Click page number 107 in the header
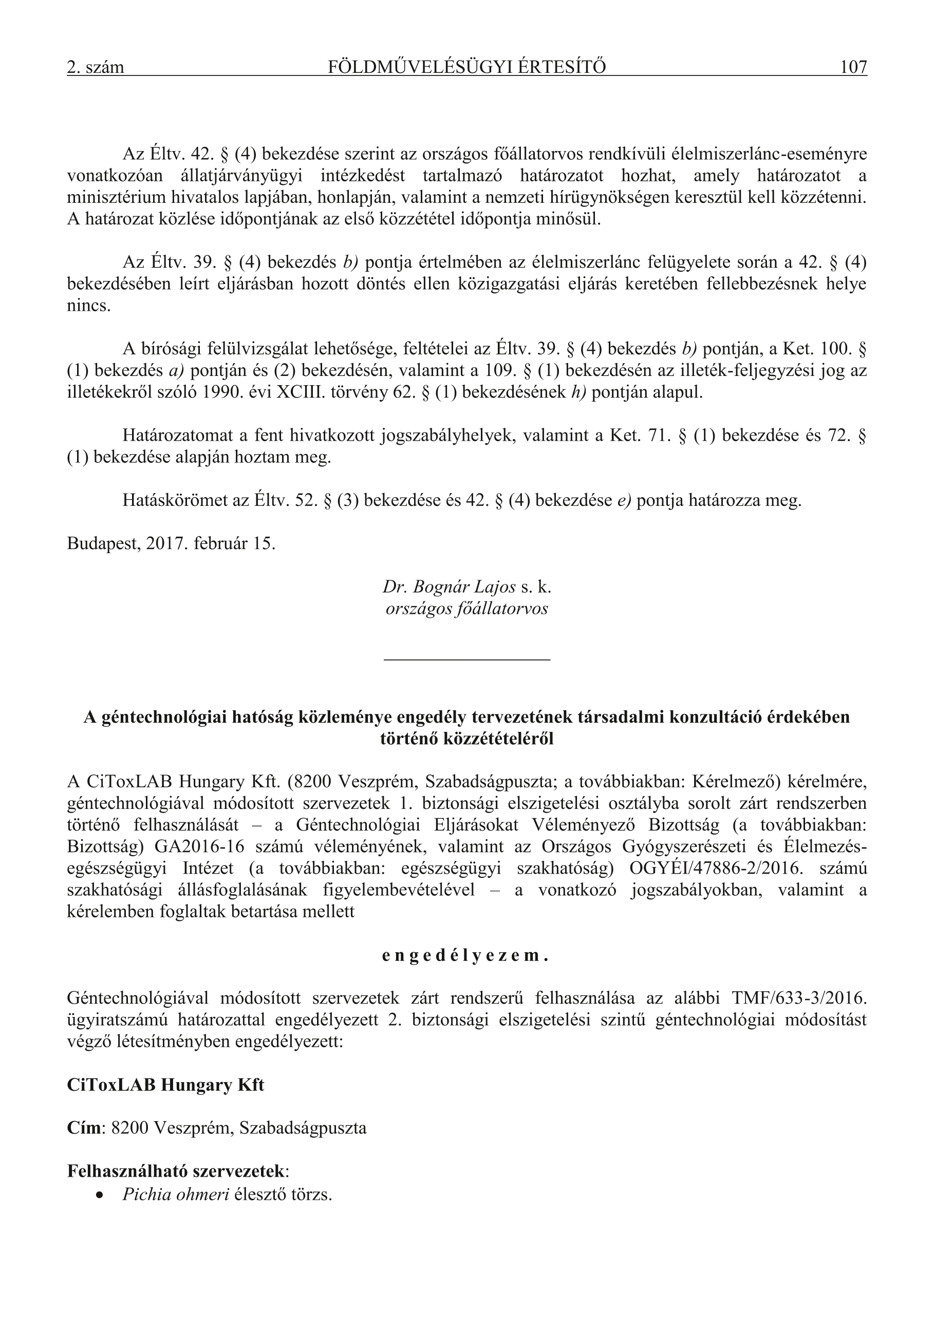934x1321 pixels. [x=853, y=67]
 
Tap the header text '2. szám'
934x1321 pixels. [x=96, y=67]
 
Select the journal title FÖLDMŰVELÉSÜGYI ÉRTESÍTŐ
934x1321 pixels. [x=466, y=67]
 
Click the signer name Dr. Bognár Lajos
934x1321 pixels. [x=449, y=587]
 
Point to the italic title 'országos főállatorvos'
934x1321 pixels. [x=466, y=609]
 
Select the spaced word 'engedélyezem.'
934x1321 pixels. [x=465, y=956]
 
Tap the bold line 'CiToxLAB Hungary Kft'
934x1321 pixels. [x=166, y=1085]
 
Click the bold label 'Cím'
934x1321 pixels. [x=83, y=1128]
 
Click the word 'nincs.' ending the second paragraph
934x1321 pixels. [x=89, y=306]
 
